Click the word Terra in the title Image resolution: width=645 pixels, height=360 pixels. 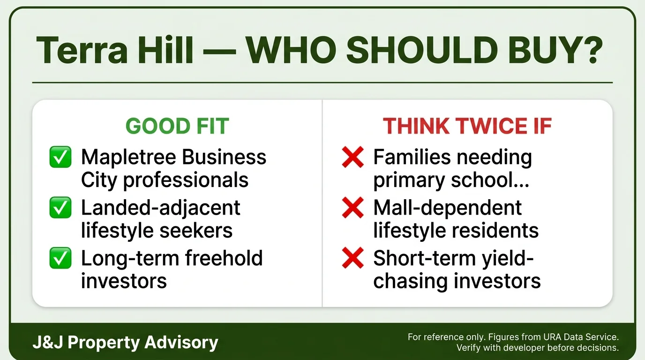point(82,50)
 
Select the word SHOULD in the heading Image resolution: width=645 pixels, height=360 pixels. point(422,50)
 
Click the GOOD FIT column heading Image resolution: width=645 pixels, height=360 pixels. point(177,126)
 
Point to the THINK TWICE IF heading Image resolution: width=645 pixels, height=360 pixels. point(467,126)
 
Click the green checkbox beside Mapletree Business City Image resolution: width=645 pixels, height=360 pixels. point(60,157)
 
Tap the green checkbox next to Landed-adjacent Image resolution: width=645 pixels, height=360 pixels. point(60,207)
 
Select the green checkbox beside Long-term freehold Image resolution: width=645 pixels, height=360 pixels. point(60,258)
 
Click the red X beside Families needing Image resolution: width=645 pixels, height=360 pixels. point(352,157)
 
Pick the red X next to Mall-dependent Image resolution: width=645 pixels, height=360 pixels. point(352,207)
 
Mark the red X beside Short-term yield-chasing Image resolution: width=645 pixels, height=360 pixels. point(352,258)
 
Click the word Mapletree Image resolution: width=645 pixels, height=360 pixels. point(128,157)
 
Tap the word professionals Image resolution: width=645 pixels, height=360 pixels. point(186,180)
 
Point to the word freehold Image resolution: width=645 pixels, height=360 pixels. point(224,258)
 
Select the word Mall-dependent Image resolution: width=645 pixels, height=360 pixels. point(448,208)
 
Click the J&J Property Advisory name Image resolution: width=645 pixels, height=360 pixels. point(126,343)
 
